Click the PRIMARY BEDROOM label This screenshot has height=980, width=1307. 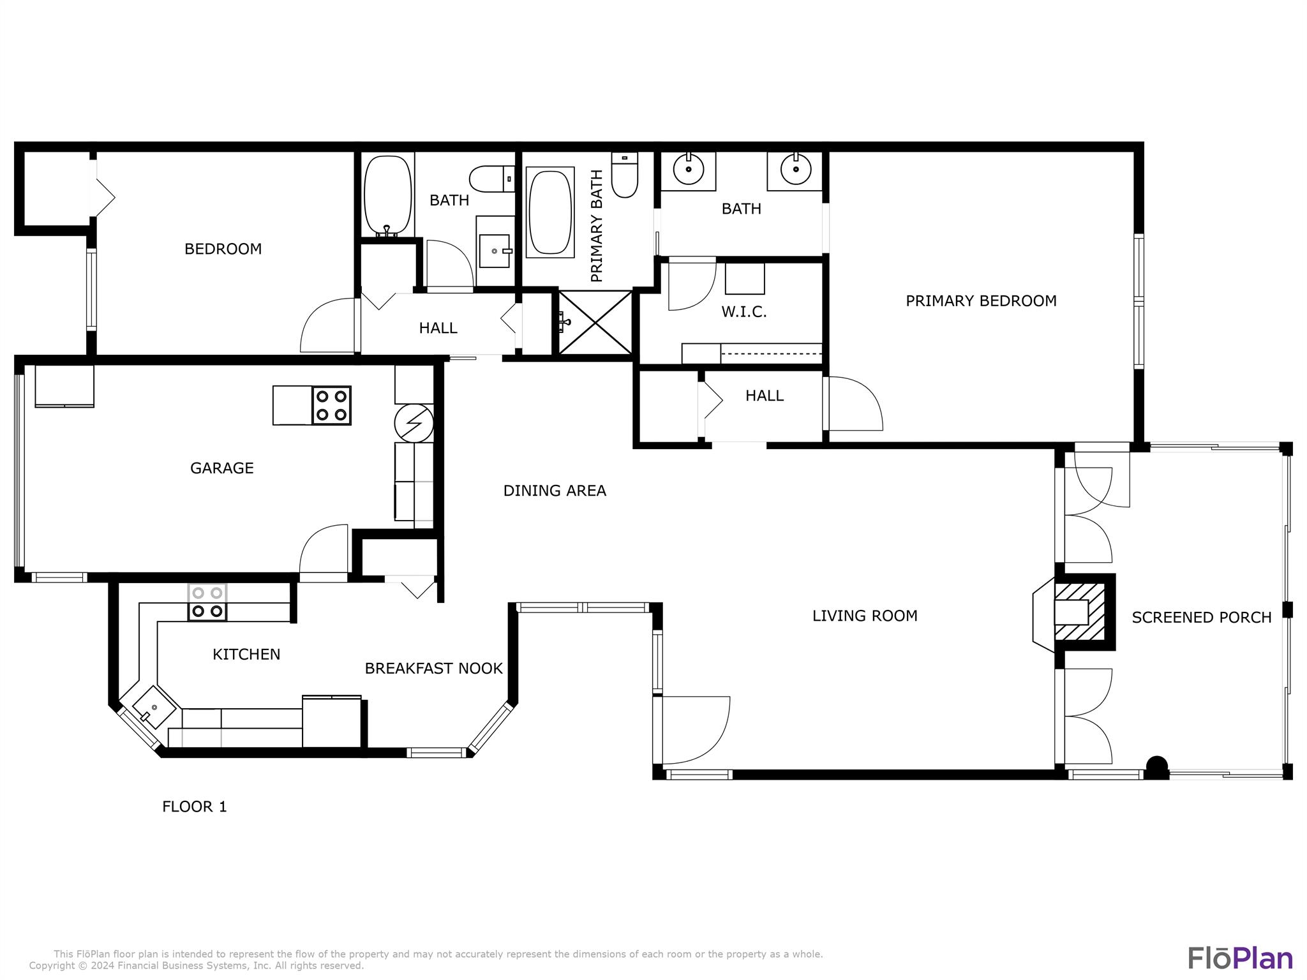(x=981, y=301)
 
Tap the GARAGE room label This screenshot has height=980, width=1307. (x=222, y=468)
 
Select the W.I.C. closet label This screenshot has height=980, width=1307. (x=743, y=312)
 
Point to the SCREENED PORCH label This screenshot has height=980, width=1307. (x=1202, y=618)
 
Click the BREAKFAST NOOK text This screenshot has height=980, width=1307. (x=433, y=668)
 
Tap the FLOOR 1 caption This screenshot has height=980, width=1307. (x=195, y=806)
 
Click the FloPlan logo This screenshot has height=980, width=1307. (x=1240, y=958)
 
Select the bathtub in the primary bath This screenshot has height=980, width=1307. (x=550, y=212)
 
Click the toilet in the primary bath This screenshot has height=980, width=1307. (x=625, y=175)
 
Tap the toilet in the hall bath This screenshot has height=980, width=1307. (x=492, y=179)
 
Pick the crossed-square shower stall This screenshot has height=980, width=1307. (x=595, y=322)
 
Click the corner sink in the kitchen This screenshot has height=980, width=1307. (x=153, y=708)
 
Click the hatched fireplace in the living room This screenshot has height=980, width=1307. (x=1080, y=612)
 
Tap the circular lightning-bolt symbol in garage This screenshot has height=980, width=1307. (x=414, y=422)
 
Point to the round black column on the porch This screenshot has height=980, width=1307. (x=1157, y=766)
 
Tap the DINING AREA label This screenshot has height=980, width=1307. (x=555, y=491)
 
